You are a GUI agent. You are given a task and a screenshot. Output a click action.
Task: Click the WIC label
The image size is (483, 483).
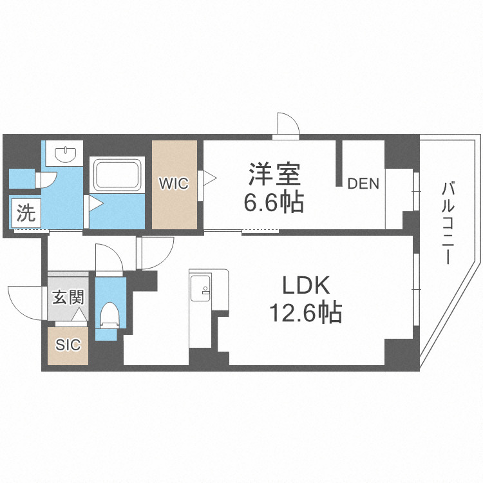pyautogui.click(x=174, y=184)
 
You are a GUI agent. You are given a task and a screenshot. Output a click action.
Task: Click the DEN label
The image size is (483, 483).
pyautogui.click(x=363, y=184)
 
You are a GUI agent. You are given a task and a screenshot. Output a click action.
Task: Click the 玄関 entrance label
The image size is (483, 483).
pyautogui.click(x=68, y=298)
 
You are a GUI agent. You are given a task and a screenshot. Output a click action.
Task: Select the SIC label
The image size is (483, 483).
pyautogui.click(x=68, y=345)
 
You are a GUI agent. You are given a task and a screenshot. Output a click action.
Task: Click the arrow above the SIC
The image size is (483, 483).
pyautogui.click(x=79, y=316)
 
